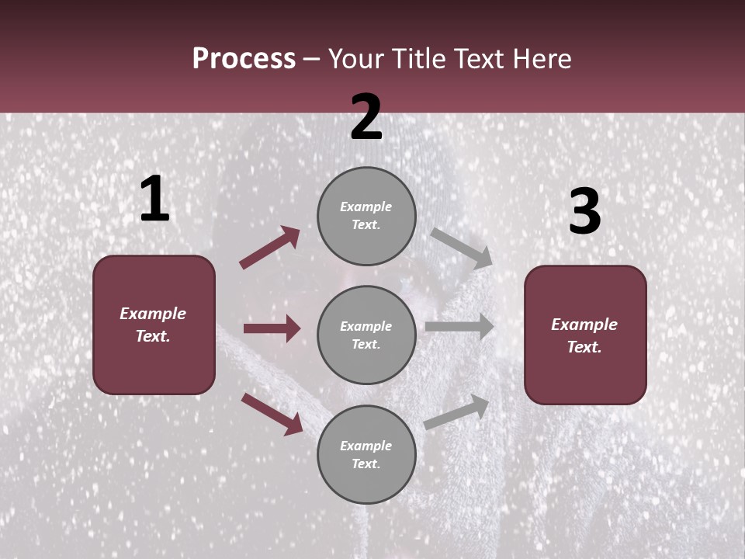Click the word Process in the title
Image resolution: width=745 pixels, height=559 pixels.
point(244,58)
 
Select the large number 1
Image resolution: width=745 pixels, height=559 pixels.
point(154,199)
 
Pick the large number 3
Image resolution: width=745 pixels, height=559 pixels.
point(584,211)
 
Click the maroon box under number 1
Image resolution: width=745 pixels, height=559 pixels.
point(154,325)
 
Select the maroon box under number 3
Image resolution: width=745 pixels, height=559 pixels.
point(585,335)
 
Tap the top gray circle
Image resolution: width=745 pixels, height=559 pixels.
point(366,215)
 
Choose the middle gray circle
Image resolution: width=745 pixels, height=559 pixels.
point(366,335)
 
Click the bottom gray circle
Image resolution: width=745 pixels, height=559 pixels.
point(366,454)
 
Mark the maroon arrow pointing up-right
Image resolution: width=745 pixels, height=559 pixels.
point(270,247)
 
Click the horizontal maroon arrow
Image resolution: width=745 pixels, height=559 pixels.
point(272,328)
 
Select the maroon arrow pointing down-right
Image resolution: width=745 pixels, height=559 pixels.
point(272,414)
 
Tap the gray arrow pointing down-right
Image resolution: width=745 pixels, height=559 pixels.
point(462,248)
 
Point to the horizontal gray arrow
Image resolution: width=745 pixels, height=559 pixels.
point(459,326)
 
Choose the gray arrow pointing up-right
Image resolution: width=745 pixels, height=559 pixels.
point(457,411)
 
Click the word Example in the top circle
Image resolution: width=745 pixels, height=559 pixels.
point(366,207)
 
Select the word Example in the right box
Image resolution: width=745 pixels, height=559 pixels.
point(584,325)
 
